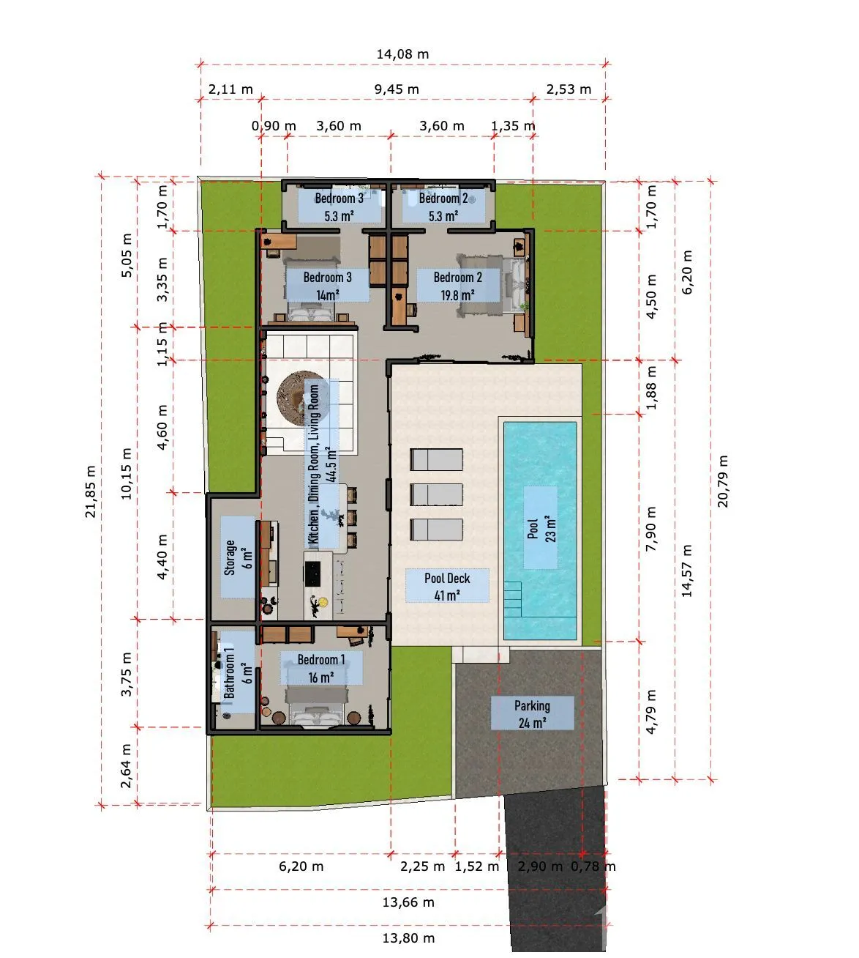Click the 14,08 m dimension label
[402, 54]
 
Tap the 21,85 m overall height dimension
[90, 491]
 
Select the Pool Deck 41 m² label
[447, 586]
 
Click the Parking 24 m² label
[533, 713]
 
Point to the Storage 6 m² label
[238, 557]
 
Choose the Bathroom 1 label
[229, 672]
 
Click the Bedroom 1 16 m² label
[321, 668]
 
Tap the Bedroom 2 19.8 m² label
[458, 286]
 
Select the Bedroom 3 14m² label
[328, 286]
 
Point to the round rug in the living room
[298, 400]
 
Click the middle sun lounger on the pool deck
[436, 494]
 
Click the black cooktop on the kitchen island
[312, 573]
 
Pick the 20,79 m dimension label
[722, 481]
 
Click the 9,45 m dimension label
[397, 89]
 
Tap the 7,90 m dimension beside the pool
[650, 528]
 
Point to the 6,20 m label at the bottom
[301, 866]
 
